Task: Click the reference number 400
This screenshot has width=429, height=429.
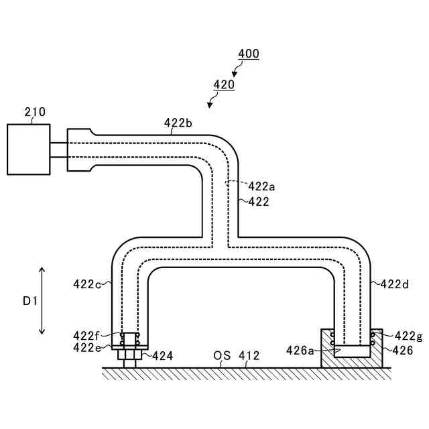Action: click(248, 54)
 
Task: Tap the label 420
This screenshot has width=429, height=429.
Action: click(223, 85)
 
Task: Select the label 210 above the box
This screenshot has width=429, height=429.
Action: click(35, 112)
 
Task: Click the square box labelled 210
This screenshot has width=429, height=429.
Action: click(28, 149)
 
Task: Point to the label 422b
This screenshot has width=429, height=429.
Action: click(178, 123)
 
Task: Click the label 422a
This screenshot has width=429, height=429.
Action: click(261, 186)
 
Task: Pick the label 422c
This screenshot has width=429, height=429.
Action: click(87, 284)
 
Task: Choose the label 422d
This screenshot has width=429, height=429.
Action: click(394, 284)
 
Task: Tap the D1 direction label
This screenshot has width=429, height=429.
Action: click(29, 302)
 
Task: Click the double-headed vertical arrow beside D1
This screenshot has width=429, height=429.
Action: click(42, 300)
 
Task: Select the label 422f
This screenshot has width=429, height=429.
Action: click(87, 335)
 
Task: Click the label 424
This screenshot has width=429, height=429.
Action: click(162, 356)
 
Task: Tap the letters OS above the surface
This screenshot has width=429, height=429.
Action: click(222, 355)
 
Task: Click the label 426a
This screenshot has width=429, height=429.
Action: click(300, 350)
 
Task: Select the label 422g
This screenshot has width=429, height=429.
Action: click(408, 336)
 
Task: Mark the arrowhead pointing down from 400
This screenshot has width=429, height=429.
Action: click(235, 74)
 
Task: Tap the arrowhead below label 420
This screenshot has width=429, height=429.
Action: click(210, 105)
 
